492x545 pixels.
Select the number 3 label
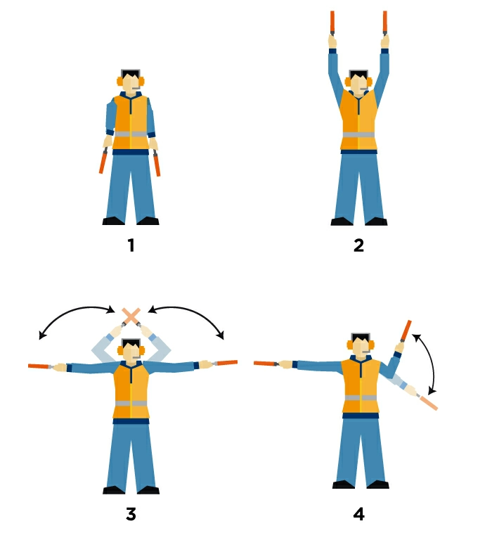click(131, 514)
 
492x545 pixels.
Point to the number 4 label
click(359, 514)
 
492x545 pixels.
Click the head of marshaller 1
click(131, 82)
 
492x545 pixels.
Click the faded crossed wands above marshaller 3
click(131, 316)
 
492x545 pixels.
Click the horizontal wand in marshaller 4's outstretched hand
click(266, 364)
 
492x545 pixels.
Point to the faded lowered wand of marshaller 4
click(427, 402)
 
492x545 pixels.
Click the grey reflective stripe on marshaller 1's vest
click(131, 133)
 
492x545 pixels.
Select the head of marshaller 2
click(358, 82)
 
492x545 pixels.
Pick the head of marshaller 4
click(361, 346)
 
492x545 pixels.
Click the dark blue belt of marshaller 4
click(361, 415)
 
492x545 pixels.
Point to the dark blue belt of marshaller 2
click(358, 151)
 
